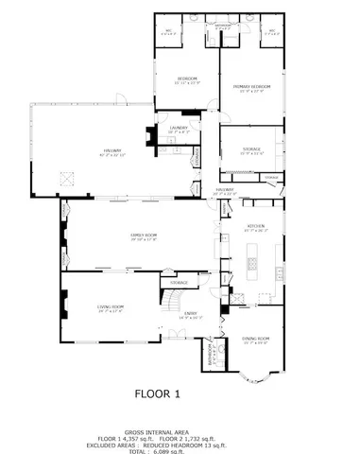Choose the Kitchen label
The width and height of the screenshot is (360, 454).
pos(255,228)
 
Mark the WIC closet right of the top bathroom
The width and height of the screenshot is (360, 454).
pos(269,32)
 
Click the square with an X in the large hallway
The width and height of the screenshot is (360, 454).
pos(67,176)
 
